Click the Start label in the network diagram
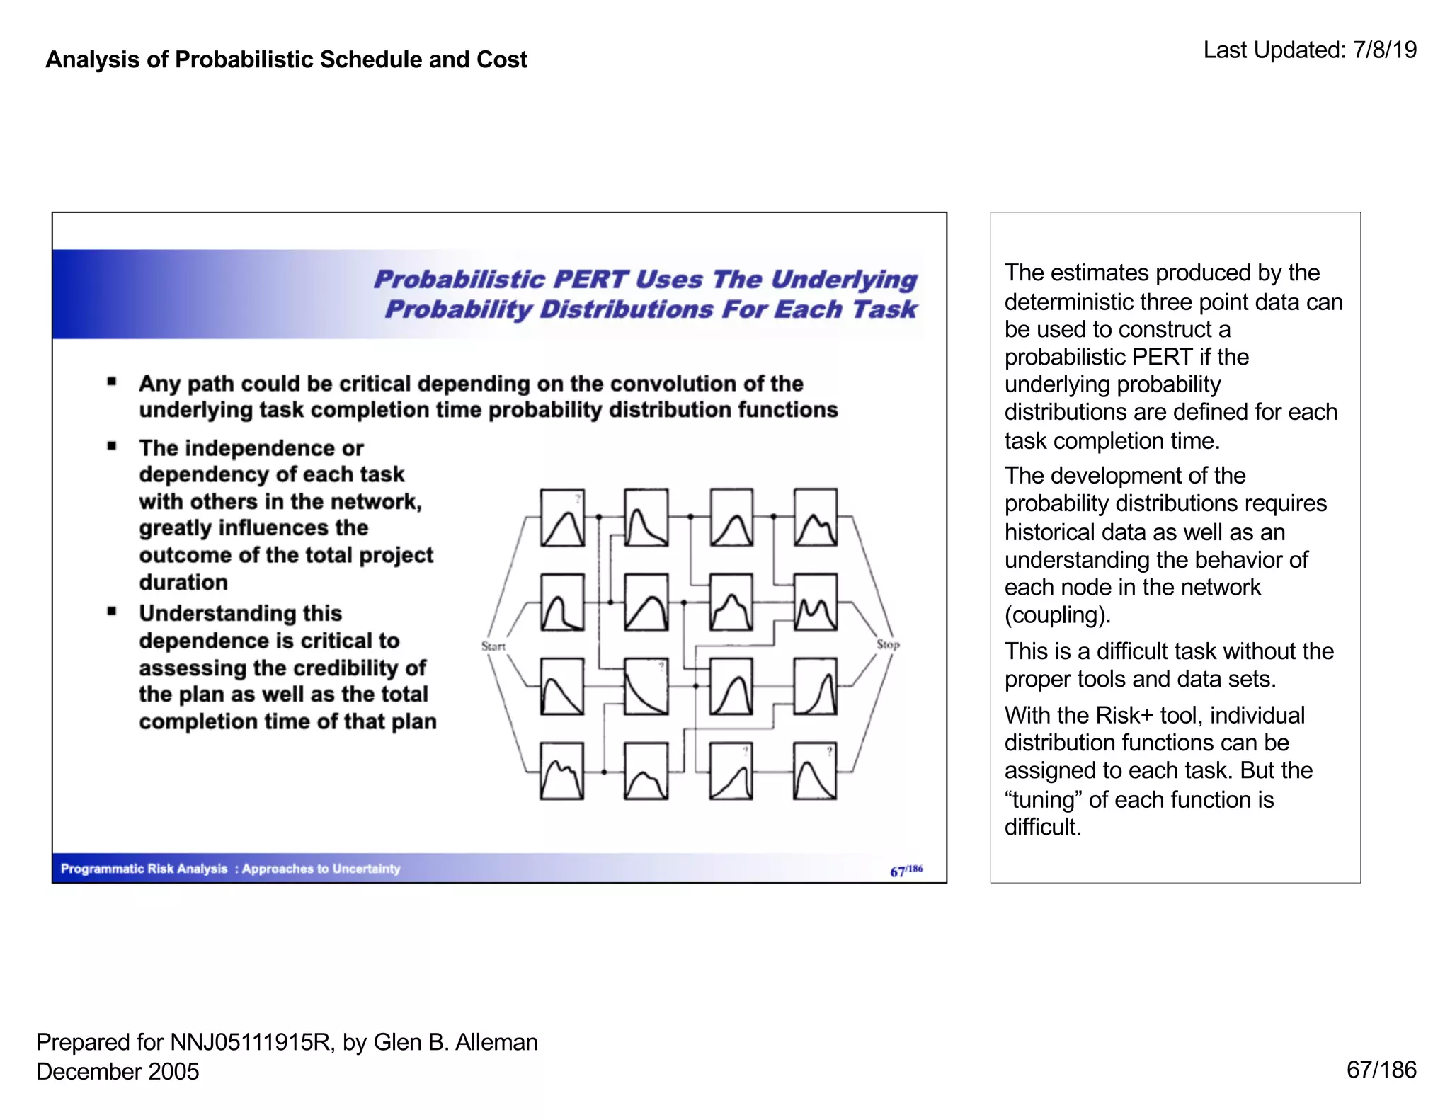pyautogui.click(x=493, y=646)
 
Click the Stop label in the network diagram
pyautogui.click(x=888, y=644)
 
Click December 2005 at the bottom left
pyautogui.click(x=118, y=1071)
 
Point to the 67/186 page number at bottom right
pyautogui.click(x=1381, y=1070)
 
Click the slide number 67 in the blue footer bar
pyautogui.click(x=897, y=872)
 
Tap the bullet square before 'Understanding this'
pyautogui.click(x=112, y=611)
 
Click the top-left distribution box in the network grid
pyautogui.click(x=562, y=518)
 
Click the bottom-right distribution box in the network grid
pyautogui.click(x=815, y=771)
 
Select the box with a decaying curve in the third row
pyautogui.click(x=646, y=687)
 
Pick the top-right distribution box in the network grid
pyautogui.click(x=815, y=518)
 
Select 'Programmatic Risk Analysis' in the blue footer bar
pyautogui.click(x=144, y=869)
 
